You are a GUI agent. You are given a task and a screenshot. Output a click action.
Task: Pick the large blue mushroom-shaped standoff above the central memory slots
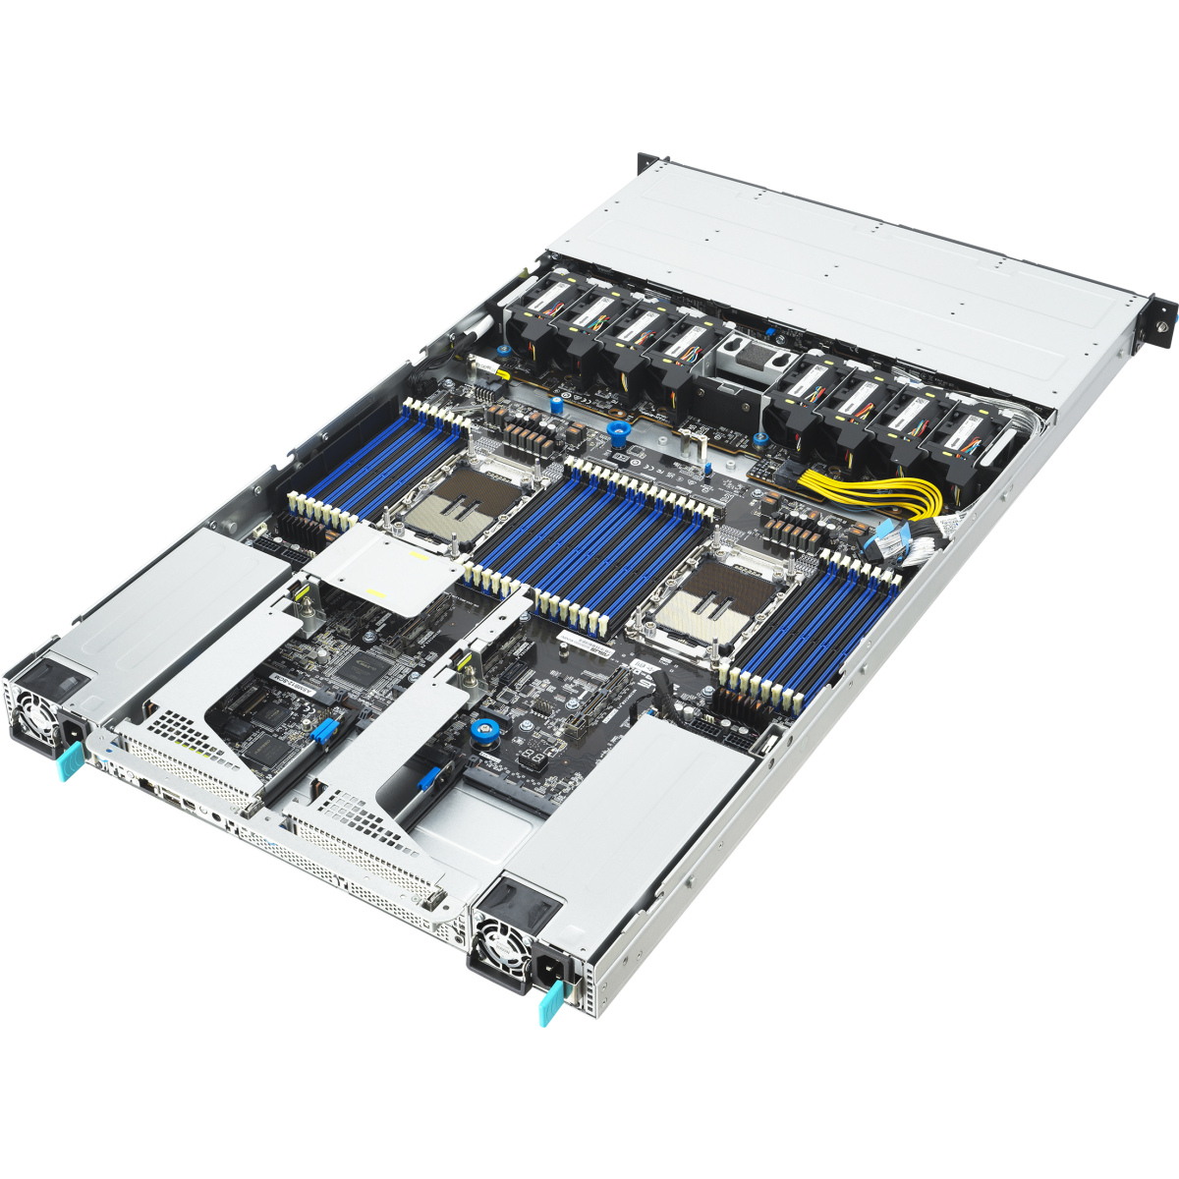[x=617, y=431]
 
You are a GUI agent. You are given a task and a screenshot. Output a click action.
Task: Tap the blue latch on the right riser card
[x=429, y=780]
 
